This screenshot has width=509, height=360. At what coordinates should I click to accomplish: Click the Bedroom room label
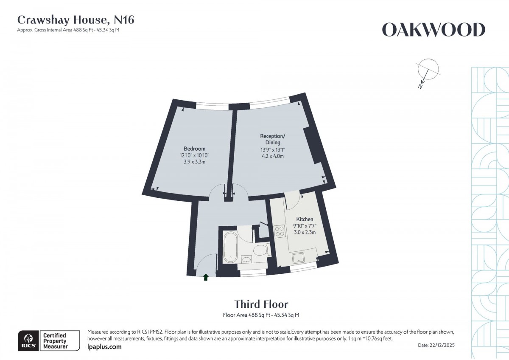(x=194, y=149)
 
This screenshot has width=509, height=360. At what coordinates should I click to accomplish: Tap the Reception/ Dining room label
(x=273, y=139)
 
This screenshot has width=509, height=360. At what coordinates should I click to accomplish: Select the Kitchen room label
(x=305, y=219)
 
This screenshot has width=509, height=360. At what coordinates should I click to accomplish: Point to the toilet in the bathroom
(x=259, y=251)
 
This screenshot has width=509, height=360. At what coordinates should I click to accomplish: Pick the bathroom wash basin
(x=246, y=259)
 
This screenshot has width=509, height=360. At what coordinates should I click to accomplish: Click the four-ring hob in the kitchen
(x=280, y=232)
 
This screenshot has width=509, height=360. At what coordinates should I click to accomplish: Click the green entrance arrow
(x=206, y=278)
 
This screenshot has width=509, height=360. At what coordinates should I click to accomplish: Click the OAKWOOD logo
(x=433, y=30)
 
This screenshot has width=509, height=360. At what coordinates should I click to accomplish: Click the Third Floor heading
(x=261, y=304)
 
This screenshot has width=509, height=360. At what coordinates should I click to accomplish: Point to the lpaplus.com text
(x=104, y=347)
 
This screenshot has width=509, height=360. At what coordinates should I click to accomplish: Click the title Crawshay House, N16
(x=76, y=20)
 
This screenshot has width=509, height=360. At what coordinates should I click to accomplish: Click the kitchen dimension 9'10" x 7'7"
(x=305, y=225)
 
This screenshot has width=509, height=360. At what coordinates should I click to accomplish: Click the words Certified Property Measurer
(x=55, y=341)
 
